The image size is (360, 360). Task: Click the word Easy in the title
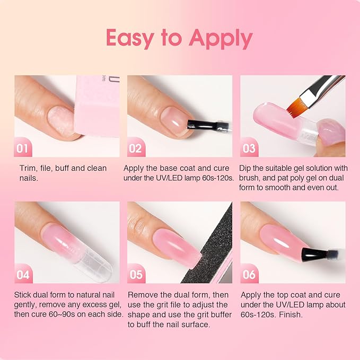point(136,38)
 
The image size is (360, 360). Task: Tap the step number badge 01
point(22,148)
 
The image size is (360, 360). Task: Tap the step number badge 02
point(135,148)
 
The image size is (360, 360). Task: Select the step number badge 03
point(249,148)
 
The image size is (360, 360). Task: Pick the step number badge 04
point(22,275)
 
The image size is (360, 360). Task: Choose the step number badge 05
point(135,275)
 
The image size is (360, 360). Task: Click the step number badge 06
point(249,275)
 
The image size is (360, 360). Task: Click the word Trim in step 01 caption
point(27,168)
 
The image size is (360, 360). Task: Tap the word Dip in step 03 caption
point(247,168)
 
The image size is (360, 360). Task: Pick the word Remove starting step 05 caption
point(144,295)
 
